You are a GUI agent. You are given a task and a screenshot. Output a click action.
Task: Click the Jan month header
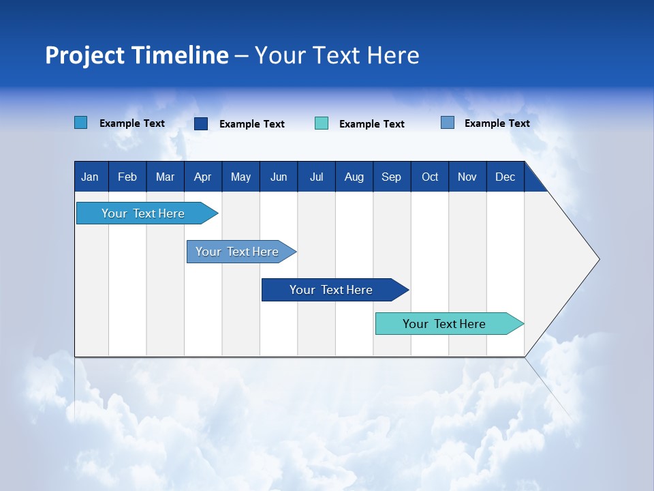[x=91, y=177]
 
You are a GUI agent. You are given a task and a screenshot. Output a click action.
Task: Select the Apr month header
[x=203, y=177]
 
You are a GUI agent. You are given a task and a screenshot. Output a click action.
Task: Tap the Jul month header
[x=317, y=177]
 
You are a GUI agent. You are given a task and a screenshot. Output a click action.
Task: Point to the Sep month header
[x=392, y=177]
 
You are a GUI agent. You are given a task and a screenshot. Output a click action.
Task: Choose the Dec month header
[x=505, y=177]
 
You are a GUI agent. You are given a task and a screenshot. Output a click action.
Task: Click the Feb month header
[x=127, y=177]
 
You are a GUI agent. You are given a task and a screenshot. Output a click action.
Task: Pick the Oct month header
[x=430, y=177]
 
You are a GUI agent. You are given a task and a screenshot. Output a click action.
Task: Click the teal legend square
[x=322, y=123]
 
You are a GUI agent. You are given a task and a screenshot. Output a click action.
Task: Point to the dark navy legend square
[x=201, y=123]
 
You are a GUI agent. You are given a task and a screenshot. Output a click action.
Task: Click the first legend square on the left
[x=81, y=123]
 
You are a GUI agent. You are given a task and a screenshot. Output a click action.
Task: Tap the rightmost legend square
[x=448, y=123]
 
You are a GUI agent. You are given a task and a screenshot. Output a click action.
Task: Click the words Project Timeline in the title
[x=136, y=55]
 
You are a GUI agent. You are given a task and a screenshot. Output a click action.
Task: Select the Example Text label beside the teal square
[x=372, y=124]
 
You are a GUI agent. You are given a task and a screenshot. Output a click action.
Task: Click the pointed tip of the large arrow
[x=597, y=259]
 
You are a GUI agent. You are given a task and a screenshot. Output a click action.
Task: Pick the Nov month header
[x=467, y=177]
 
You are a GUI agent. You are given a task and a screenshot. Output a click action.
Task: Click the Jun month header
[x=279, y=177]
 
